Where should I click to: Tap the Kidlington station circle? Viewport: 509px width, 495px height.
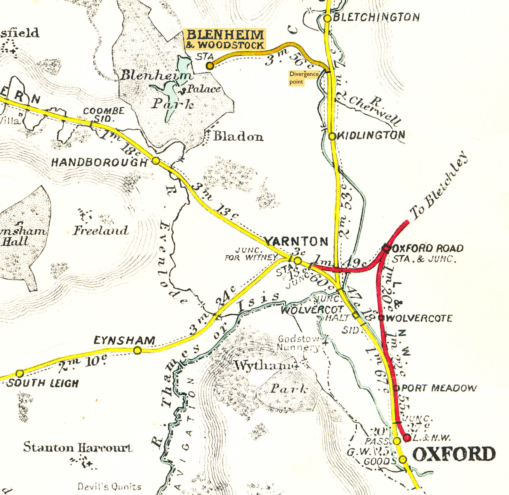[332, 136]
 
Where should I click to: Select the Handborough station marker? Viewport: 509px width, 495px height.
[156, 161]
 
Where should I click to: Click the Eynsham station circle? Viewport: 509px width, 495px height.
[137, 351]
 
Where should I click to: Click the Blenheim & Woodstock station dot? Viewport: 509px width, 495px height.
[210, 66]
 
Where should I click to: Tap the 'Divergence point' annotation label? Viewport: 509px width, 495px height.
[303, 78]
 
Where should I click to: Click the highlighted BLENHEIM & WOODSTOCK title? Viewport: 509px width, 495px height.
[225, 39]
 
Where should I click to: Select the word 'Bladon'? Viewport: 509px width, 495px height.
[238, 136]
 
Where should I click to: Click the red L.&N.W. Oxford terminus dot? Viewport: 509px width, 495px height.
[407, 438]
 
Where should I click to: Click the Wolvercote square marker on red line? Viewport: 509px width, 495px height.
[381, 318]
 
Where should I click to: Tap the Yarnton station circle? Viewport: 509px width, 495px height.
[298, 261]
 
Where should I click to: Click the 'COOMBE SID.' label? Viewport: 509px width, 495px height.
[104, 115]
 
